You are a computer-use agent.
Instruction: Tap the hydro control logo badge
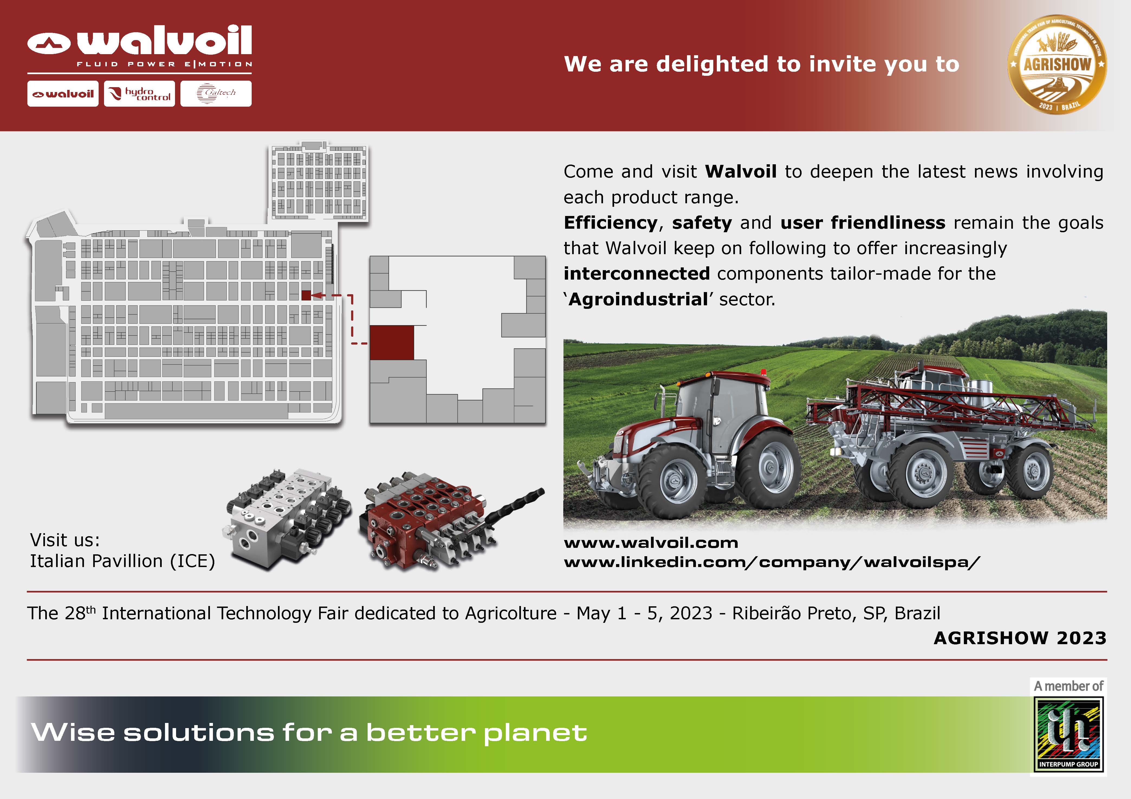tap(140, 94)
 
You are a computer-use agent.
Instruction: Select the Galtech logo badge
tap(216, 94)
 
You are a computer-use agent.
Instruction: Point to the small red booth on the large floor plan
tap(306, 295)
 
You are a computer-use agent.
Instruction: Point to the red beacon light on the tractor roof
tap(763, 372)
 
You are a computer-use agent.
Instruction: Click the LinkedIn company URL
tap(772, 562)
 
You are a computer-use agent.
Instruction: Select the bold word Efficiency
tap(610, 222)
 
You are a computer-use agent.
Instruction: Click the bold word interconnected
tap(636, 273)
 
